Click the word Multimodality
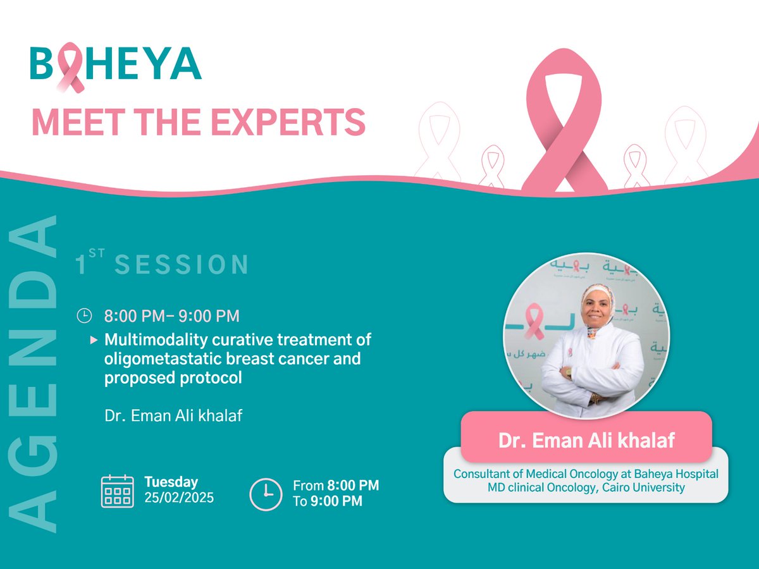click(x=154, y=340)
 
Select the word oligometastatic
click(x=159, y=359)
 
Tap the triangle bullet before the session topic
click(x=94, y=340)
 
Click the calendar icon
click(x=117, y=491)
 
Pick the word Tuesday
click(x=171, y=482)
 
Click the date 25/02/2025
click(x=179, y=498)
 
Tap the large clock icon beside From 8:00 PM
click(x=266, y=494)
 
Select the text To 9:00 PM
click(x=328, y=501)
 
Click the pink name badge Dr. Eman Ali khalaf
click(x=586, y=440)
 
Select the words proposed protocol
click(x=173, y=378)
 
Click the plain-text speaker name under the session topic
click(x=173, y=416)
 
